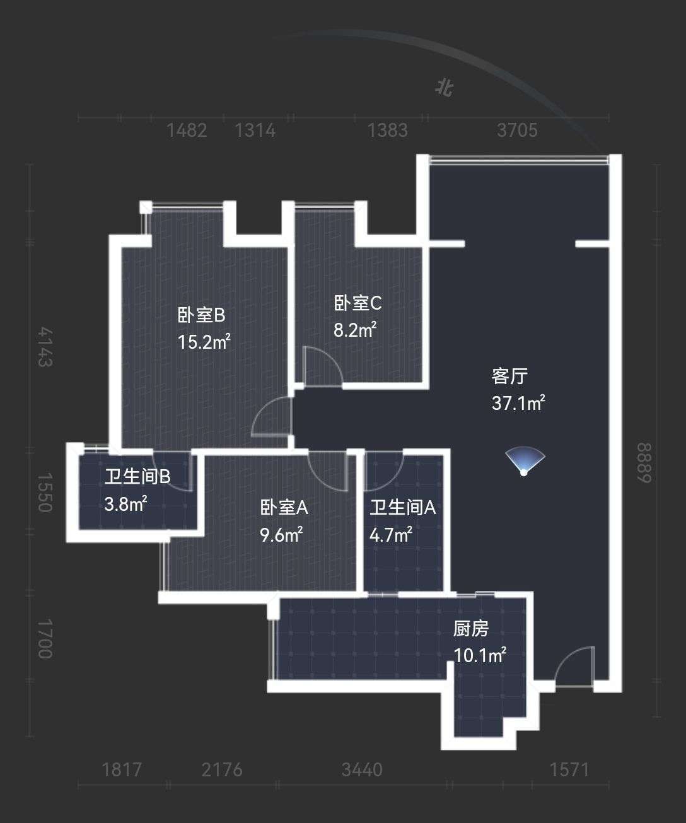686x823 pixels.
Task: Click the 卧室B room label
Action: click(x=201, y=315)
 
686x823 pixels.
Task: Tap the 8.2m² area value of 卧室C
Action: click(x=355, y=330)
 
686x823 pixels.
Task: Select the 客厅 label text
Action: click(x=509, y=376)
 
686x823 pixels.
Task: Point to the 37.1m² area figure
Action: click(x=518, y=403)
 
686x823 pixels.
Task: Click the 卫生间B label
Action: click(x=137, y=477)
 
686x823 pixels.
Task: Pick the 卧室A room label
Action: click(x=284, y=508)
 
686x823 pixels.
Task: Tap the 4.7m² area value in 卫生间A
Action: click(x=391, y=535)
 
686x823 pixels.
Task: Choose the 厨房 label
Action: click(x=471, y=629)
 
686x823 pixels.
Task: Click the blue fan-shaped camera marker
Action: click(x=525, y=460)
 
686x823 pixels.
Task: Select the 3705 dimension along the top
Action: click(x=517, y=131)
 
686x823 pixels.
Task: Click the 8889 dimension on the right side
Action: click(x=644, y=463)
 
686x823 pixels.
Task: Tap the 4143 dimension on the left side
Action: click(x=45, y=347)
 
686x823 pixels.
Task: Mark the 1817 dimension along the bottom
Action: click(x=122, y=770)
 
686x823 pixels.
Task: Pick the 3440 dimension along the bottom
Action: click(x=362, y=770)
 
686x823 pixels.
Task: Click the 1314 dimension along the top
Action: click(x=255, y=131)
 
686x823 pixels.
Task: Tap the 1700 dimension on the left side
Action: click(x=45, y=638)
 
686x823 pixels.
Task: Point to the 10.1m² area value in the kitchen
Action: click(x=480, y=655)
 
